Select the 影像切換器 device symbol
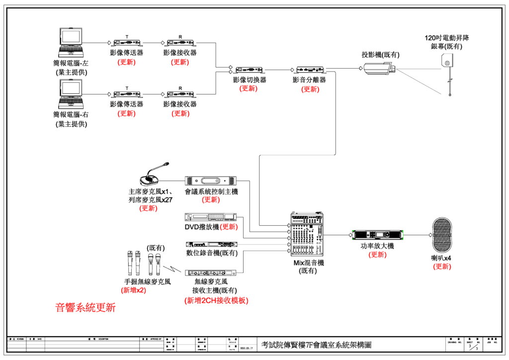click(250, 70)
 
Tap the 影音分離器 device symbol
click(310, 70)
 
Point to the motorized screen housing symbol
click(447, 62)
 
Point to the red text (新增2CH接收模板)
click(216, 300)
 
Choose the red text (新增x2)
click(134, 290)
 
